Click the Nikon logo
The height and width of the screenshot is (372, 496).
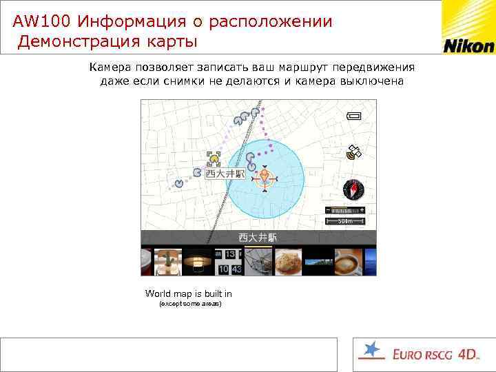[x=468, y=45]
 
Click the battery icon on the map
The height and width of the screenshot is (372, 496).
[x=358, y=116]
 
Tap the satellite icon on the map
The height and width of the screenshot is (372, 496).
[x=355, y=152]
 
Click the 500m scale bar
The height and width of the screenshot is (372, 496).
[x=345, y=221]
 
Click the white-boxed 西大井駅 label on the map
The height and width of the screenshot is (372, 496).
[x=225, y=174]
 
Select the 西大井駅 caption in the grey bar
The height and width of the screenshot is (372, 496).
[x=258, y=237]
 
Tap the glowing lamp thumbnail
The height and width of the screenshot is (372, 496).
[x=198, y=261]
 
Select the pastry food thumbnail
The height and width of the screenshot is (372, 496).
[x=288, y=261]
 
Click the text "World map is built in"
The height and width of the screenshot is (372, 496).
[x=188, y=293]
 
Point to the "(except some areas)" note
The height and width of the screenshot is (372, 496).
[x=190, y=304]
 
